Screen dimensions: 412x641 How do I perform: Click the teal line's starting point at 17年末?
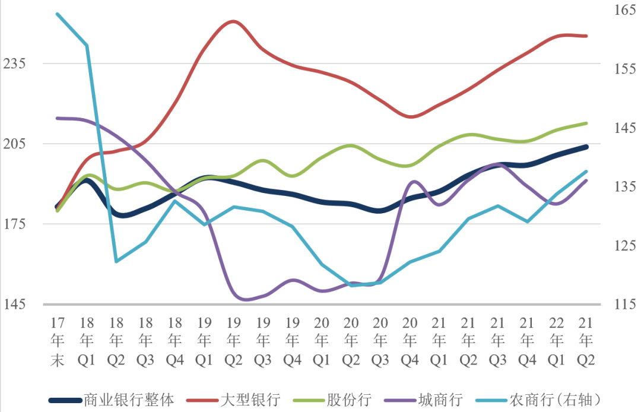pos(58,14)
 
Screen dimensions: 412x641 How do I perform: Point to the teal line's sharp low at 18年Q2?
pos(116,261)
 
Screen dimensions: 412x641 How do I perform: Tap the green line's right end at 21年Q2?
pos(586,123)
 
